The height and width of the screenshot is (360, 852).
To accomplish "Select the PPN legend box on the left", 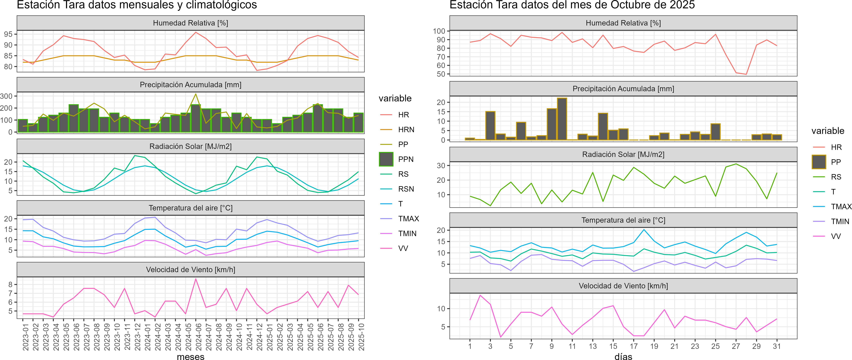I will pos(386,159).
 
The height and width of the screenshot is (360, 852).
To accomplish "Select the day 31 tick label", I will pos(777,346).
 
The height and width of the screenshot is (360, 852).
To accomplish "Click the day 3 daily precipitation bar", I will pos(490,126).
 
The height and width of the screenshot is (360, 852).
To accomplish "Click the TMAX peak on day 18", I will pos(644,230).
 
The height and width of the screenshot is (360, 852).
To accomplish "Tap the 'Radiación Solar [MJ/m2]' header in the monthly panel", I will pos(190,146).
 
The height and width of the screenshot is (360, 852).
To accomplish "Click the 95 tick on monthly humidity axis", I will pos(8,34).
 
